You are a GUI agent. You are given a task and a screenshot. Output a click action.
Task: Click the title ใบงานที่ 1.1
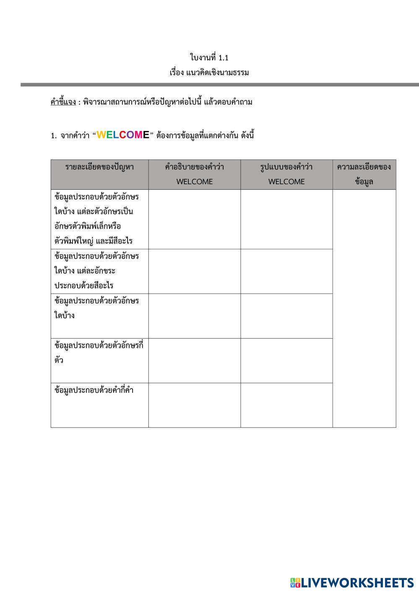(209, 57)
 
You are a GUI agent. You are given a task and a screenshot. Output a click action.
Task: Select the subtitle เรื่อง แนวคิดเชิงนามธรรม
(209, 73)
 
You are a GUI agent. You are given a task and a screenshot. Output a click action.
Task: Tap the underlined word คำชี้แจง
(63, 102)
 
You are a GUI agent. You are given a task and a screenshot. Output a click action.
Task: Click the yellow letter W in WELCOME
(101, 135)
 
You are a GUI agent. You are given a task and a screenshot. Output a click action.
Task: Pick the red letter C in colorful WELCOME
(122, 135)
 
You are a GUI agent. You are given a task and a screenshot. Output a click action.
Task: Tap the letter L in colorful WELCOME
(116, 135)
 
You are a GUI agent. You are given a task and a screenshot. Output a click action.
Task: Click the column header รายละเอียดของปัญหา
(99, 167)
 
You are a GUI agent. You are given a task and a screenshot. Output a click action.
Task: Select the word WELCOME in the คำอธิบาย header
(194, 182)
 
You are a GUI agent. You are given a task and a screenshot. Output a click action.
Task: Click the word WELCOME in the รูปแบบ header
(286, 182)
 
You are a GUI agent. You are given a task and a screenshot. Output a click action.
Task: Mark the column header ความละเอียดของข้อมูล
(364, 174)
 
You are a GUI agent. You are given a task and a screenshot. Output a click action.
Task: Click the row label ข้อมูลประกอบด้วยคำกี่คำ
(94, 390)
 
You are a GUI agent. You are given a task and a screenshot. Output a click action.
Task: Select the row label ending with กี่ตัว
(99, 353)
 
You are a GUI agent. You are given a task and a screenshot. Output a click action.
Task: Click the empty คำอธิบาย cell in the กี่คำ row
(194, 405)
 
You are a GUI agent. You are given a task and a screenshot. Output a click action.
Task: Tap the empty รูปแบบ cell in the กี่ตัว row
(286, 361)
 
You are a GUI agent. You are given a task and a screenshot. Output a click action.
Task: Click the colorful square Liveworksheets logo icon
(295, 583)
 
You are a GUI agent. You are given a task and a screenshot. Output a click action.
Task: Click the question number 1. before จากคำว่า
(53, 136)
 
